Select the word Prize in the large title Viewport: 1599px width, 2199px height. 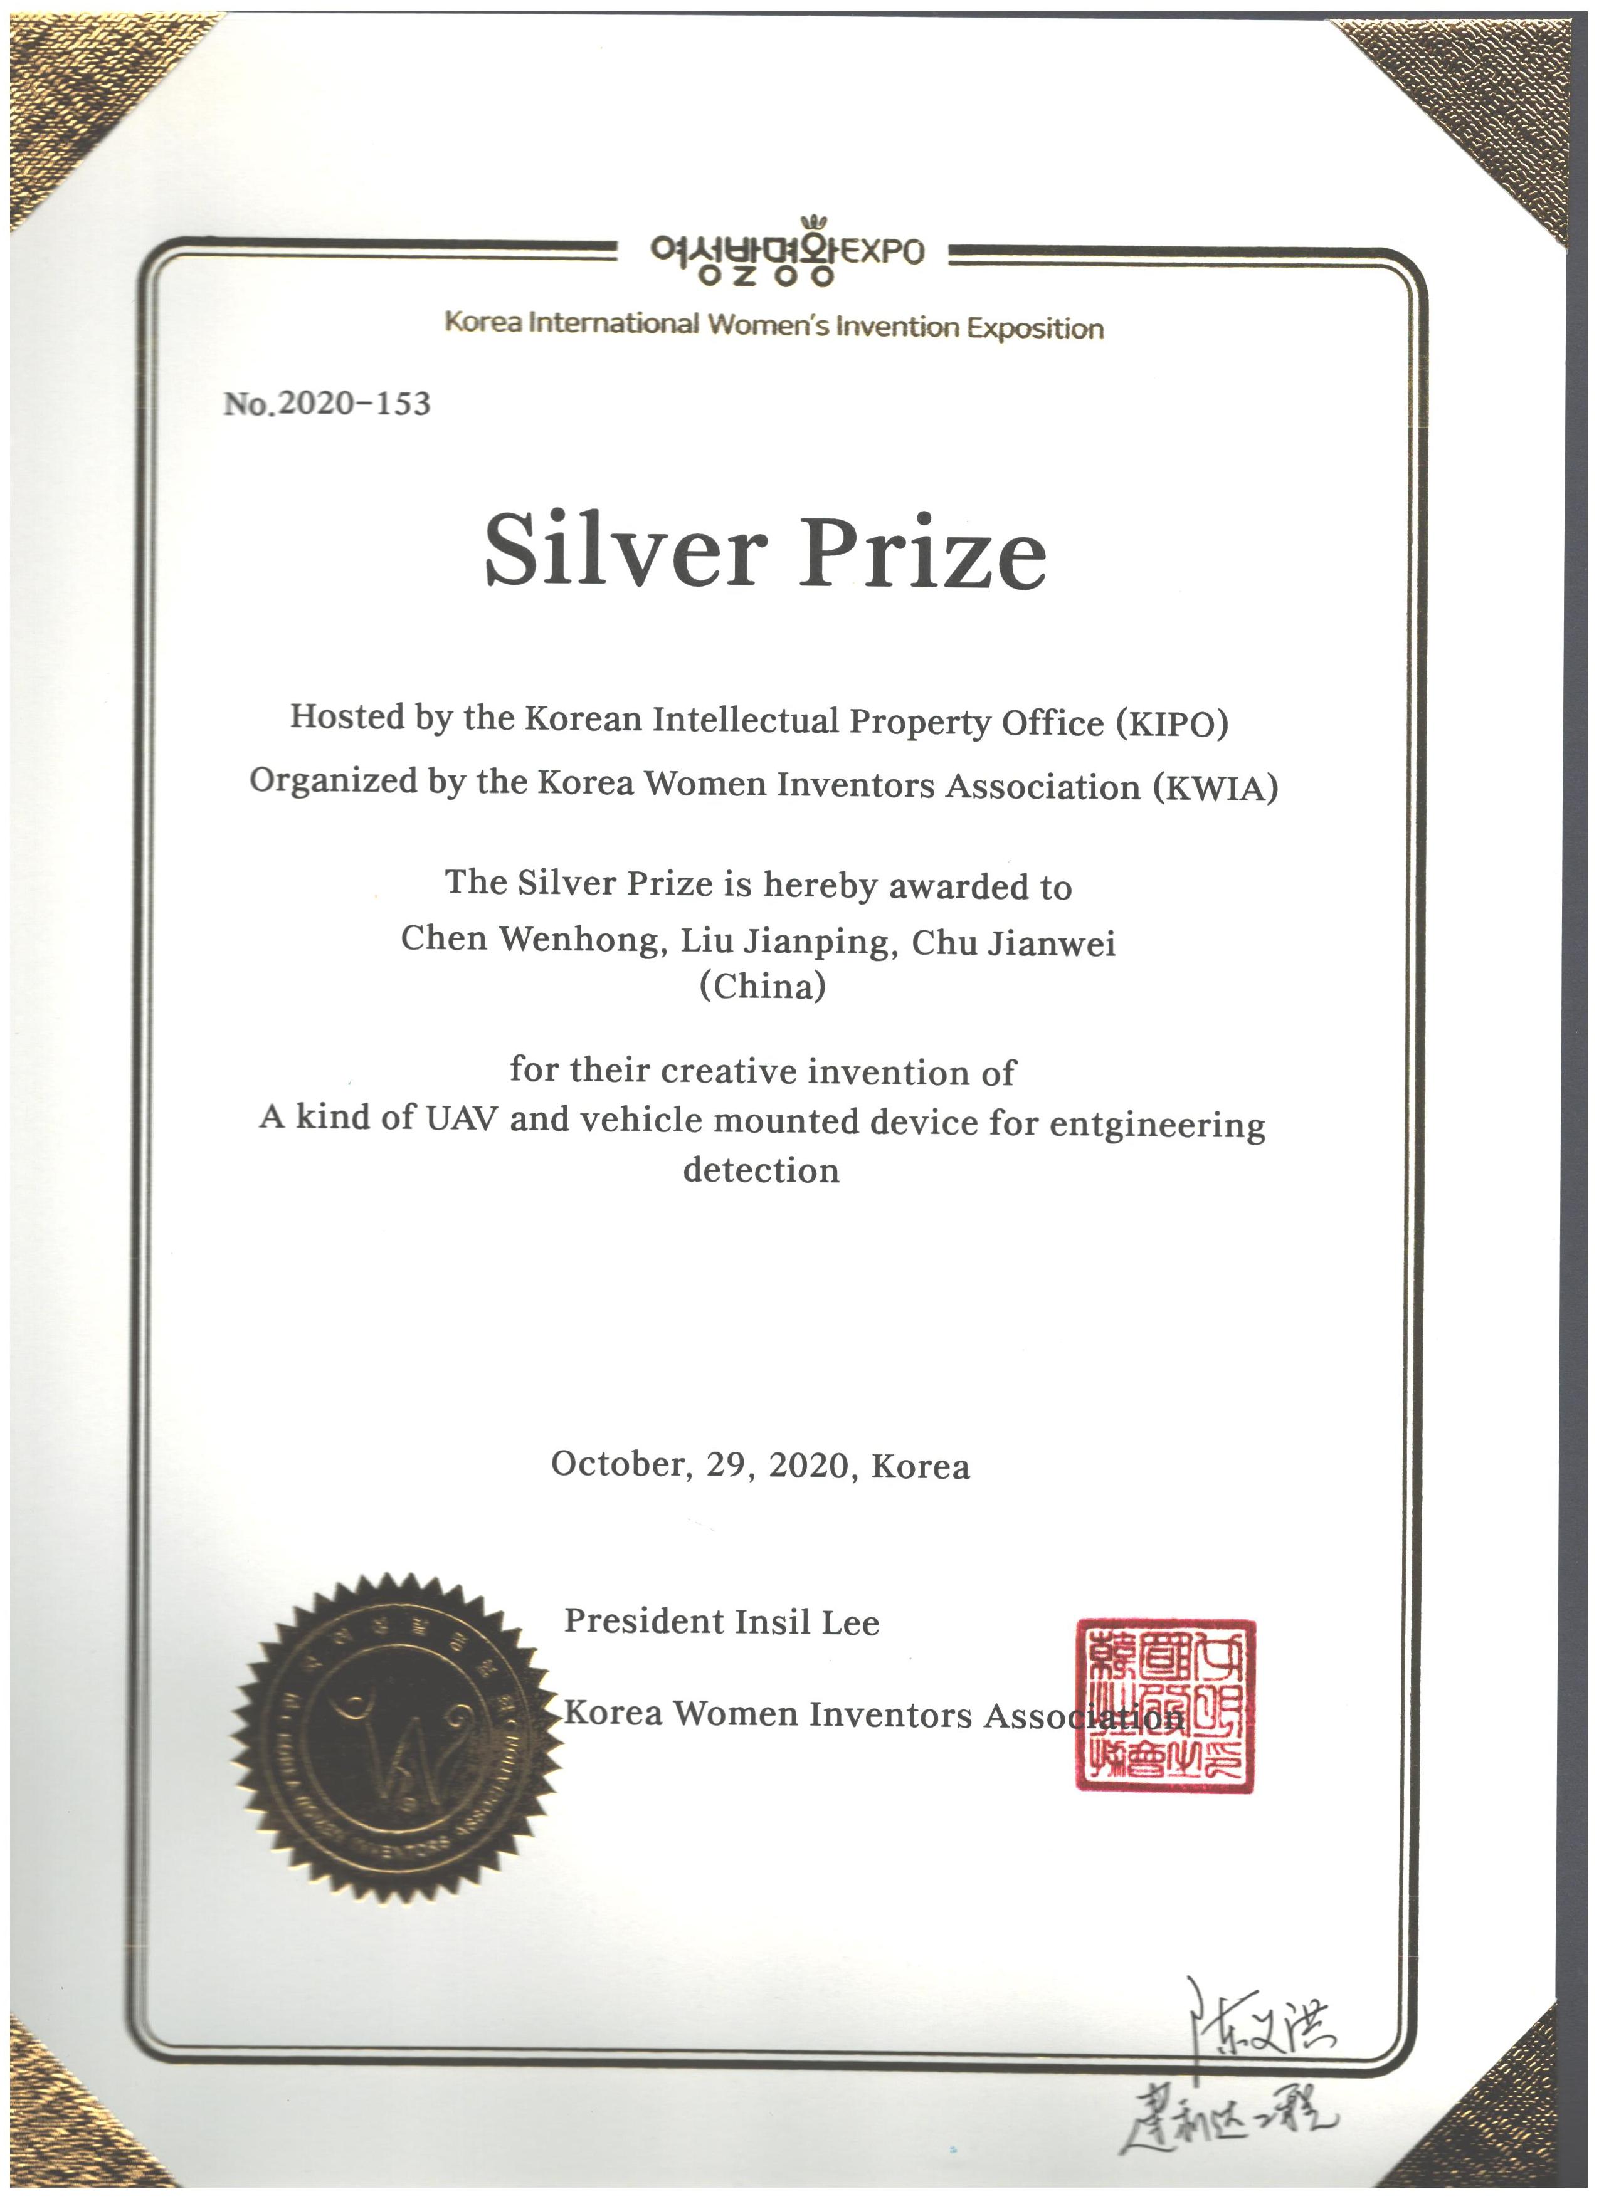pyautogui.click(x=922, y=553)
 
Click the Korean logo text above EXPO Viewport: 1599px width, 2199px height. pyautogui.click(x=742, y=254)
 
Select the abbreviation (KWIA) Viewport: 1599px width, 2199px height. pyautogui.click(x=1215, y=787)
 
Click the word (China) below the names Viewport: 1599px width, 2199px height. pyautogui.click(x=762, y=987)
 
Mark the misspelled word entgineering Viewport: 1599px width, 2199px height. pyautogui.click(x=1157, y=1125)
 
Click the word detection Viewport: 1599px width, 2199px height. pyautogui.click(x=761, y=1170)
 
